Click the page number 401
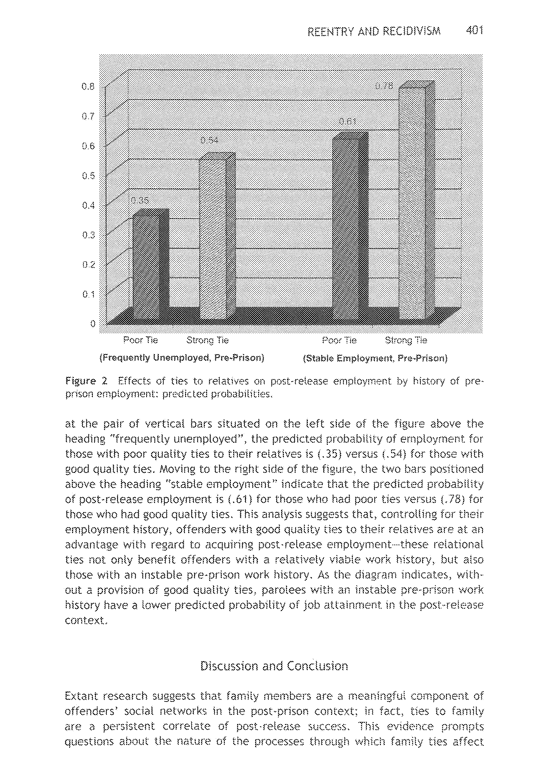[x=474, y=31]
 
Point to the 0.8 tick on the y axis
[x=88, y=87]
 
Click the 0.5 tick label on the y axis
[x=88, y=176]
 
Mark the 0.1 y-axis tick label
[x=88, y=294]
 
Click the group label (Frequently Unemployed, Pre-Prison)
[x=182, y=358]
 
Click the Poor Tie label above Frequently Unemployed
[x=140, y=340]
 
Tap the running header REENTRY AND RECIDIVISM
[x=374, y=32]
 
